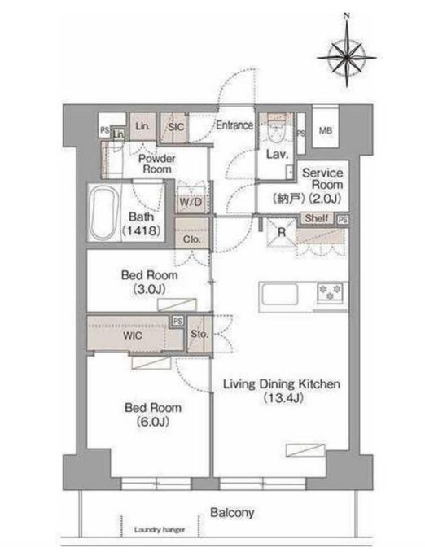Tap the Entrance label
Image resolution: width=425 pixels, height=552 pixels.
[x=234, y=125]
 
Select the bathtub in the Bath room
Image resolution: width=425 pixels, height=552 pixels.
[x=104, y=212]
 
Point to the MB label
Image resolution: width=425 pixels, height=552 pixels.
[x=326, y=130]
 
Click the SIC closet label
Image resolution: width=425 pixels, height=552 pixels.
[x=176, y=127]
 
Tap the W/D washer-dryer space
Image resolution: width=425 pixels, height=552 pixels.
[x=191, y=201]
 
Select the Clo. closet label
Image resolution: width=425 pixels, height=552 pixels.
[x=192, y=239]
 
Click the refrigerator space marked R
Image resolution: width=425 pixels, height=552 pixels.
[x=282, y=232]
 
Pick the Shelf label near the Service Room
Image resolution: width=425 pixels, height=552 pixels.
[x=317, y=218]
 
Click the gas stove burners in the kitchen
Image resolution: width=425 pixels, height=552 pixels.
[x=330, y=292]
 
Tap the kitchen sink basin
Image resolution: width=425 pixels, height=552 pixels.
[x=279, y=294]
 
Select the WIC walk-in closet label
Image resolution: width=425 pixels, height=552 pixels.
[x=133, y=335]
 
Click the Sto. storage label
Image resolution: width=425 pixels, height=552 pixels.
[x=199, y=333]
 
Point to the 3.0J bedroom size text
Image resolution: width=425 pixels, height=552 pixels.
[x=149, y=289]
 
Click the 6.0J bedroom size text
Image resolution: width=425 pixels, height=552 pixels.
[x=153, y=422]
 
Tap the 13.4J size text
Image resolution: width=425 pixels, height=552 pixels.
[x=283, y=398]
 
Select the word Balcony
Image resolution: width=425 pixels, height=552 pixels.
[x=232, y=513]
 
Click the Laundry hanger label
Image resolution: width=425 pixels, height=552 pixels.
[x=160, y=529]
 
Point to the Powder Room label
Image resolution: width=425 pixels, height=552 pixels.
[x=157, y=164]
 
